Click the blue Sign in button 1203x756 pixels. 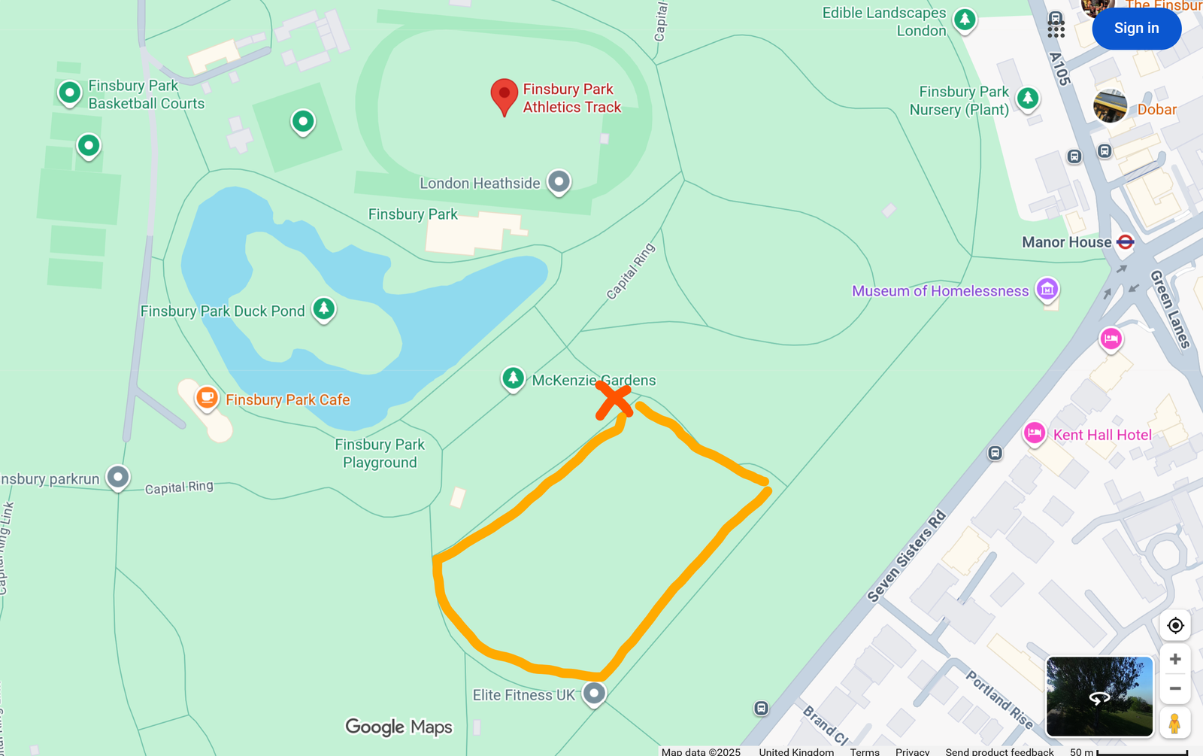pos(1136,29)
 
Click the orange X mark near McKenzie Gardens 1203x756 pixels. pos(614,400)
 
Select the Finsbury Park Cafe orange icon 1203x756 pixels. pos(207,398)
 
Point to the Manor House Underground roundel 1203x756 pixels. pos(1126,242)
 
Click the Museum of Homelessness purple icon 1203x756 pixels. pos(1047,289)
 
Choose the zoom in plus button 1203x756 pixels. pos(1175,660)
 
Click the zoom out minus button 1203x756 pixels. pos(1175,689)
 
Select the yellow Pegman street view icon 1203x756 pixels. pos(1174,723)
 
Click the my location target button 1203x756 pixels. pos(1175,625)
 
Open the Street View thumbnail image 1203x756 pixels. pos(1099,697)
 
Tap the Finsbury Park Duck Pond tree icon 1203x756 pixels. pos(324,308)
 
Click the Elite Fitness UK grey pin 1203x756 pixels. pos(594,693)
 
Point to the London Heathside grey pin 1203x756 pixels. pos(559,181)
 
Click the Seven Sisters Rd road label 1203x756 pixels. pos(907,557)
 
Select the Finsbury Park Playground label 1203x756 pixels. pos(380,454)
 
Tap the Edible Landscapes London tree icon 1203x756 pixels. pos(965,20)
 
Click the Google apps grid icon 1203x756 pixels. pos(1056,29)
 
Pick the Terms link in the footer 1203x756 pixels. pos(865,751)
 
